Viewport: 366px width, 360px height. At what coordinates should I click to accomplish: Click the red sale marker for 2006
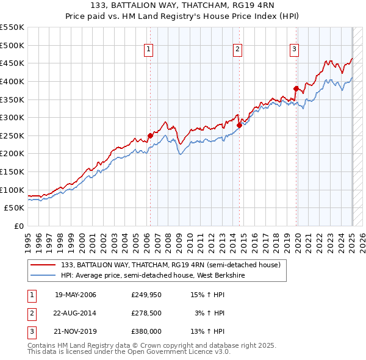[150, 135]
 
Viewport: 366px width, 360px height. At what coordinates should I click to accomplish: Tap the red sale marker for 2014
[239, 125]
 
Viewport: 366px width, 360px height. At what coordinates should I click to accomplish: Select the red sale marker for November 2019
[296, 88]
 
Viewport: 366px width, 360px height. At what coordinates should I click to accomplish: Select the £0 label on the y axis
[18, 226]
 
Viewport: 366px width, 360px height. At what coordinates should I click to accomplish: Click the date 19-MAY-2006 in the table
[76, 295]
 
